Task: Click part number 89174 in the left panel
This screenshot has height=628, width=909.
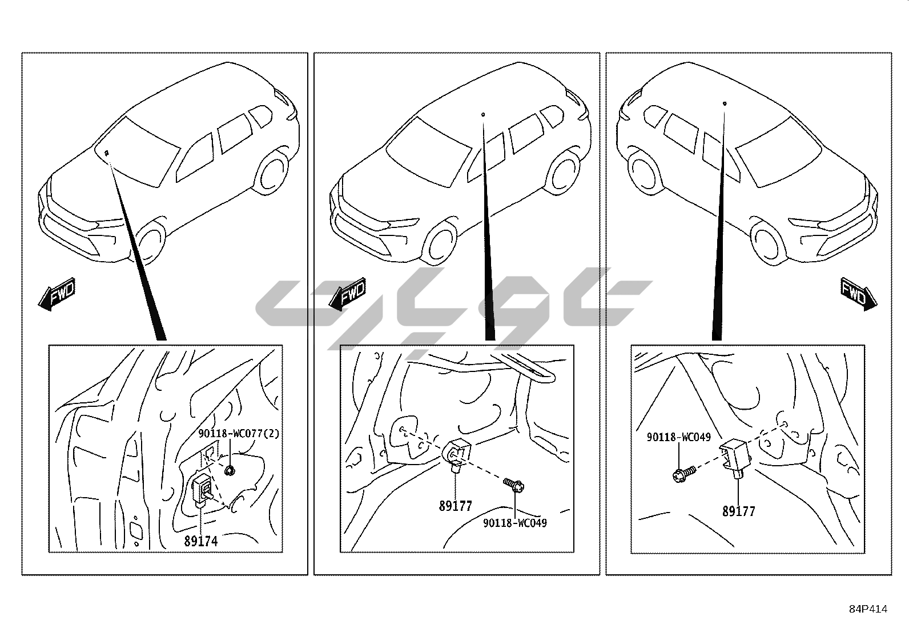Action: tap(201, 541)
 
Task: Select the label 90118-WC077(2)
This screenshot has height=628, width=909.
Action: tap(239, 434)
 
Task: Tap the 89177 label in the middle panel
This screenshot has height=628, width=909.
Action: tap(455, 506)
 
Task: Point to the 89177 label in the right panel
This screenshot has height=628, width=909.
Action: tap(739, 511)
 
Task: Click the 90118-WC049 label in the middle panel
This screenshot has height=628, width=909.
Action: tap(515, 523)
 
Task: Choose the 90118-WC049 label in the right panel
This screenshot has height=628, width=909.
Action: tap(679, 437)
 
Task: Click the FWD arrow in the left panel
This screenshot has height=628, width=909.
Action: tap(57, 294)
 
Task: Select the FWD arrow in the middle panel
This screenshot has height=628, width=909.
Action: tap(347, 294)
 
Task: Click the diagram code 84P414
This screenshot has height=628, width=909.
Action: tap(868, 609)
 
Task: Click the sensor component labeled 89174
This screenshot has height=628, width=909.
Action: tap(202, 490)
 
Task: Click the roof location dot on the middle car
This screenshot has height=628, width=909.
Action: tap(483, 114)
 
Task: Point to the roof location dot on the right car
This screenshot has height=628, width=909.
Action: tap(725, 103)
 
